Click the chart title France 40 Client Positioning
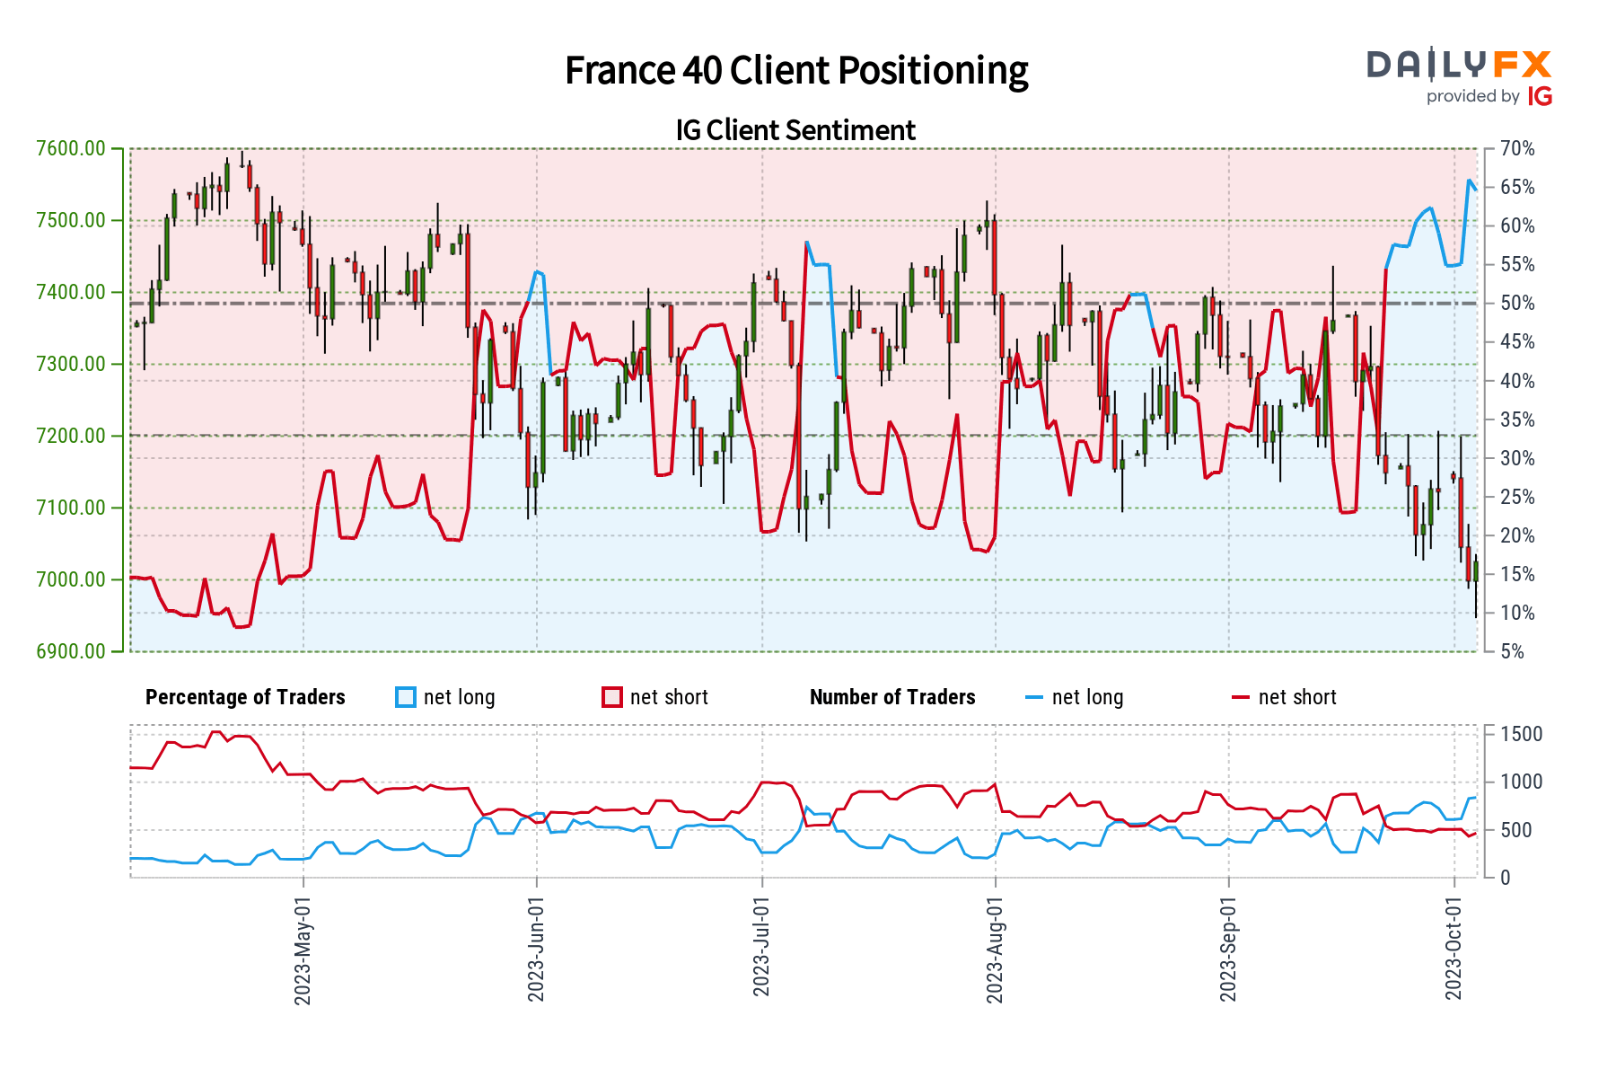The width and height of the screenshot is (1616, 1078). point(796,71)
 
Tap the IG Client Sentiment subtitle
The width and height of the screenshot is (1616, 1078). point(795,130)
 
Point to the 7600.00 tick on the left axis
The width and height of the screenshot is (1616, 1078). point(71,148)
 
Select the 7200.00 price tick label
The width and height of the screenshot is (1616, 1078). point(71,436)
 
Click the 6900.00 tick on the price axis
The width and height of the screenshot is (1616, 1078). point(71,651)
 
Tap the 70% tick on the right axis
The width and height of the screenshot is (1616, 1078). point(1517,148)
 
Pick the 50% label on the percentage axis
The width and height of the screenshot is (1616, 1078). point(1517,303)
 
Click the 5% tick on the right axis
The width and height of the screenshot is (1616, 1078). point(1513,651)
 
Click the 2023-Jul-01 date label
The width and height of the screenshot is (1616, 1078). point(761,947)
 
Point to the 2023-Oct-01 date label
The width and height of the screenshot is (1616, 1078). point(1454,948)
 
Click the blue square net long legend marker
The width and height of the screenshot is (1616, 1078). point(406,697)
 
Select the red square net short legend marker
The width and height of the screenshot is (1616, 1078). point(612,697)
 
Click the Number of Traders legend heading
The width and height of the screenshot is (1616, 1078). point(892,697)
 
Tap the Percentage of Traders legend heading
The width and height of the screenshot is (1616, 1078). point(245,697)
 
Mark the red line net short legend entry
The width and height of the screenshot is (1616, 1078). point(1285,697)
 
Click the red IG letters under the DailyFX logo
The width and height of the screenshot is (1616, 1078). point(1540,96)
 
